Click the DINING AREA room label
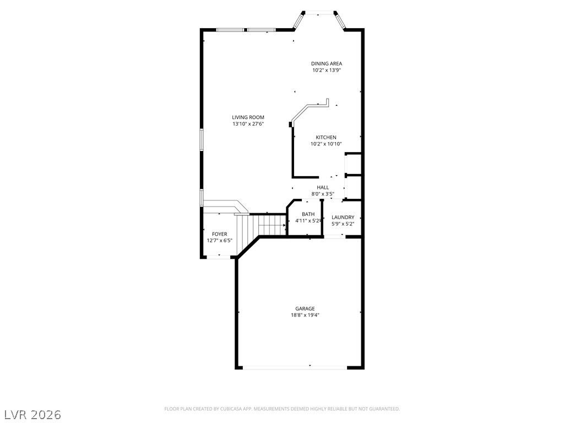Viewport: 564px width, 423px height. tap(327, 63)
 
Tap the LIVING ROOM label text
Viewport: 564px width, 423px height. tap(248, 117)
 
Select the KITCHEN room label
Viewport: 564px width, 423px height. tap(326, 137)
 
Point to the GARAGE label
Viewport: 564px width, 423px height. tap(305, 308)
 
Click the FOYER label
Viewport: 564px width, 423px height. tap(219, 234)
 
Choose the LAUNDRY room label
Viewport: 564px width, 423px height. tap(343, 217)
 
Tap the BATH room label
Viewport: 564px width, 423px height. tap(308, 214)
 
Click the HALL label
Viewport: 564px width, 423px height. tap(323, 187)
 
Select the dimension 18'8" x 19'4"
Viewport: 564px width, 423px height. tap(305, 315)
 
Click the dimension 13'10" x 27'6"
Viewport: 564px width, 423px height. tap(248, 124)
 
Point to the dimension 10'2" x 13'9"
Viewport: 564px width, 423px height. tap(327, 70)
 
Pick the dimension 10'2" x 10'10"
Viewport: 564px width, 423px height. tap(326, 144)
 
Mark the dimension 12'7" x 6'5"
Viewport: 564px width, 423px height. tap(219, 241)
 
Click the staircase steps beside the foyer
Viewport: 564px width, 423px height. tap(270, 225)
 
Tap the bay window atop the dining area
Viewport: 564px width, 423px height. tap(319, 13)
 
